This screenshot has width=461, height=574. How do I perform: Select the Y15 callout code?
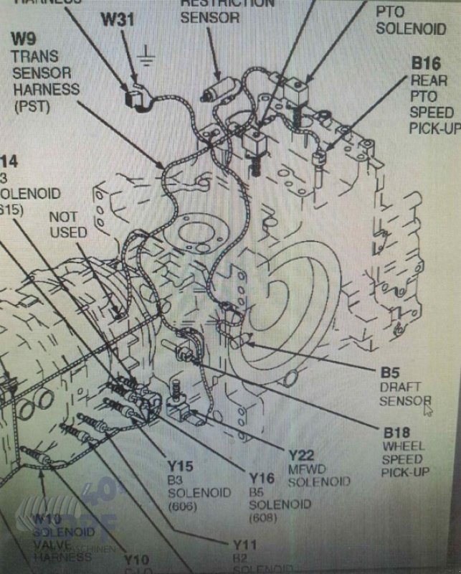[181, 466]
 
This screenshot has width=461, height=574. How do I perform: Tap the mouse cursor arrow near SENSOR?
[428, 410]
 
